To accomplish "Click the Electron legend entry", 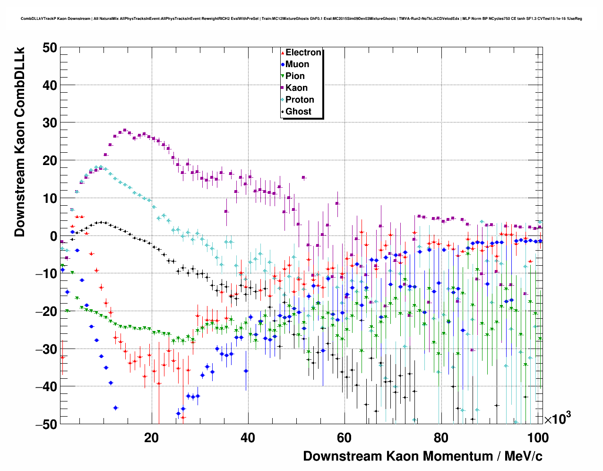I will [303, 52].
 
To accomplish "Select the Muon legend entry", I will [297, 64].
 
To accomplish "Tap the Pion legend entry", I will [295, 76].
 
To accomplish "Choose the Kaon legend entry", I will [296, 88].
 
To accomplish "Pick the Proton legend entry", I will [300, 100].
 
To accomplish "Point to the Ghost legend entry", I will [298, 112].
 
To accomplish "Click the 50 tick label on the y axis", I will [49, 47].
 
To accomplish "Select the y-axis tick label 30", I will [49, 123].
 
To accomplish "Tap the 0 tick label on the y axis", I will [53, 236].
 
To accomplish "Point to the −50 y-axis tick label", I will [46, 424].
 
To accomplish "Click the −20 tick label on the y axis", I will [46, 311].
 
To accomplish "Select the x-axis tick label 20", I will [151, 437].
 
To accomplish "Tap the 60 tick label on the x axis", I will [344, 437].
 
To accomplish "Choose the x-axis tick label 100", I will [537, 437].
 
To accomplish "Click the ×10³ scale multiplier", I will [557, 419].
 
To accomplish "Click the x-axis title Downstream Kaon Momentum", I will [422, 456].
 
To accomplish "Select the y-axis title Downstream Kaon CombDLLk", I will [19, 141].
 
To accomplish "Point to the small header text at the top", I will [301, 19].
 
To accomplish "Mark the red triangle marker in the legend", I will [283, 53].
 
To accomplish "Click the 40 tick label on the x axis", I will [248, 437].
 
